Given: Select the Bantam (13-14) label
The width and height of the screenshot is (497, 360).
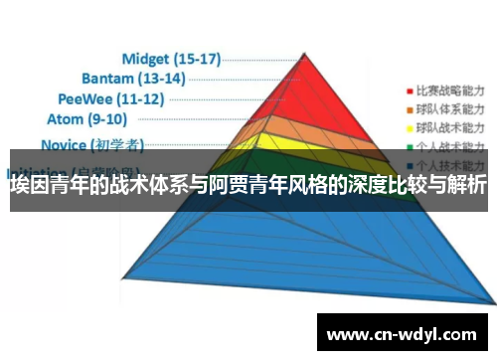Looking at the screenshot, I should tap(133, 77).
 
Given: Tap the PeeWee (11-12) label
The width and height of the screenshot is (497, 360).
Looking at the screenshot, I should tap(110, 98).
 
